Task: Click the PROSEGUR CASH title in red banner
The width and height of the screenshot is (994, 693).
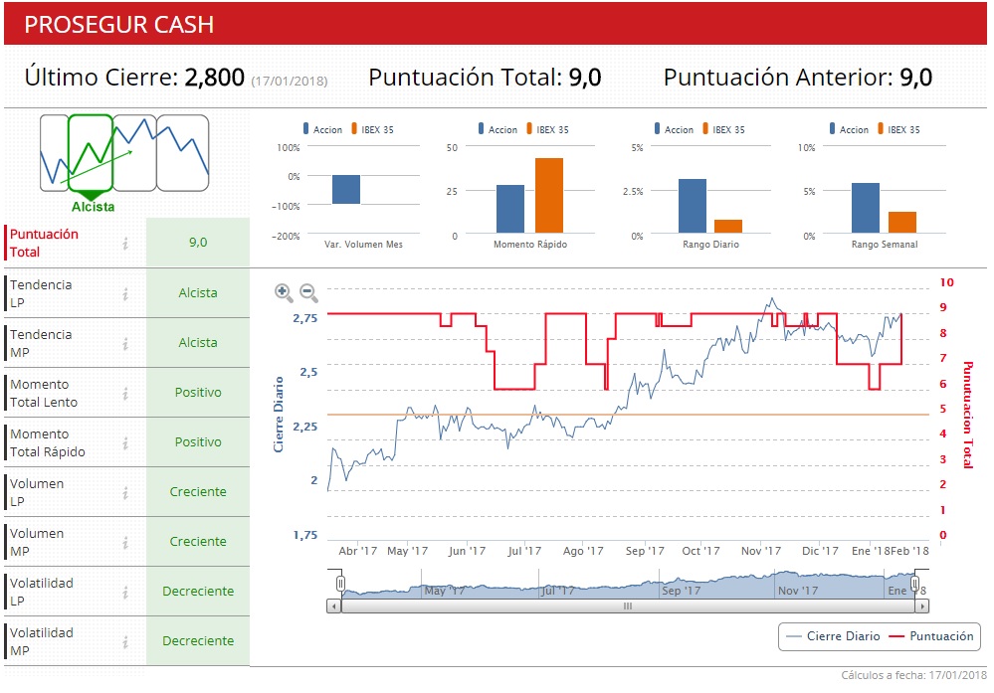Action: (118, 24)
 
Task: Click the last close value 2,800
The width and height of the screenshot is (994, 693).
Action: (214, 78)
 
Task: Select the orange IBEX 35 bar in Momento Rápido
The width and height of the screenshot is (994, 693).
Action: (548, 195)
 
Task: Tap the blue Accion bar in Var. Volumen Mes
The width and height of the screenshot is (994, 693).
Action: (346, 189)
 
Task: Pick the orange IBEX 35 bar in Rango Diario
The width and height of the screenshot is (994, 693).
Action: (727, 226)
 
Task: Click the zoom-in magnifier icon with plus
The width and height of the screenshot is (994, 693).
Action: (285, 292)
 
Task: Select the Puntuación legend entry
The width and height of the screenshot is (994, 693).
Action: (929, 636)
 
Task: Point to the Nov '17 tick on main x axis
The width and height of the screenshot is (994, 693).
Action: (760, 551)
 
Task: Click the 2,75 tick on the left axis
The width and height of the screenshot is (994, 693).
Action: (304, 318)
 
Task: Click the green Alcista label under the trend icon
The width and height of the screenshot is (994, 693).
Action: (93, 207)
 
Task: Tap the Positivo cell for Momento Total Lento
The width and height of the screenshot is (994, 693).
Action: (198, 393)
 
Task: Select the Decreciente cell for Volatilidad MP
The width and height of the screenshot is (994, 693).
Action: (198, 641)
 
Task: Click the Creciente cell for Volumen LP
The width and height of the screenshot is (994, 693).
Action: (198, 492)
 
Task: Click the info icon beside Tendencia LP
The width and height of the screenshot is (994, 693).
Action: (125, 293)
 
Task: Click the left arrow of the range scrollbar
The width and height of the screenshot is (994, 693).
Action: (333, 605)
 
